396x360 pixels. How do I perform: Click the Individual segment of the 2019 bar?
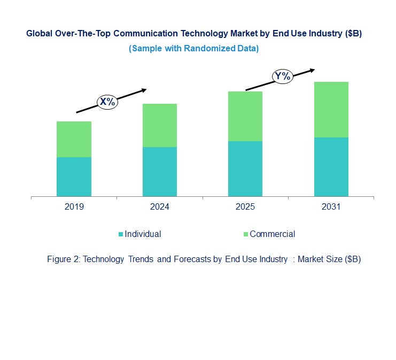click(x=74, y=177)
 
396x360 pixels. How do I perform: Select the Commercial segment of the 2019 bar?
click(x=74, y=139)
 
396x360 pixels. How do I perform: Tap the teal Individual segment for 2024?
click(x=160, y=172)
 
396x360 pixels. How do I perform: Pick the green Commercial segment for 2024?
click(x=160, y=125)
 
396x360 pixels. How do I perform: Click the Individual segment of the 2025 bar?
click(x=245, y=168)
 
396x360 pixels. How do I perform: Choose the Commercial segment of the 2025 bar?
click(x=245, y=116)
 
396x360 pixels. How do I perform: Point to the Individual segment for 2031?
click(x=331, y=167)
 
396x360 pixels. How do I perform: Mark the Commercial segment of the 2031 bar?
click(x=331, y=110)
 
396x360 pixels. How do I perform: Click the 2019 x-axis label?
click(x=74, y=207)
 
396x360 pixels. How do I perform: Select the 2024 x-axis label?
click(x=160, y=207)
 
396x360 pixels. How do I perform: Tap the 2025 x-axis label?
click(x=245, y=207)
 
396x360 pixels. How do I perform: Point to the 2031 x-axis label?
click(x=331, y=207)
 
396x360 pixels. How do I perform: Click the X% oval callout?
click(x=107, y=102)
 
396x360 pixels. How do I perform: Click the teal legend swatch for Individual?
click(x=121, y=234)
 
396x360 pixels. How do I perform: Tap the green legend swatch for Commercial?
click(x=246, y=234)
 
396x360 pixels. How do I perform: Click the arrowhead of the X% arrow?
click(x=143, y=90)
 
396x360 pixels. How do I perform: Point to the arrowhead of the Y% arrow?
click(x=312, y=70)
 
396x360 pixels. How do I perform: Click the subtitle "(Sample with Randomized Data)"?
click(x=194, y=48)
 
